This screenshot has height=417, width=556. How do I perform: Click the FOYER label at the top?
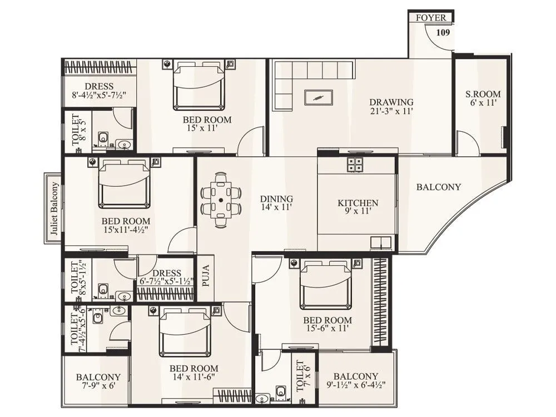[431, 18]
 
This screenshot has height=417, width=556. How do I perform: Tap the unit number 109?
[443, 32]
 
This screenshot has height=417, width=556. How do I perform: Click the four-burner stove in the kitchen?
[355, 164]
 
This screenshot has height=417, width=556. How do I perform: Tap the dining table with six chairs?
[221, 199]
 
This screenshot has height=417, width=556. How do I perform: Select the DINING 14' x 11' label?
[277, 203]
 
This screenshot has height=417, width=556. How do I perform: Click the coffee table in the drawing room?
[318, 97]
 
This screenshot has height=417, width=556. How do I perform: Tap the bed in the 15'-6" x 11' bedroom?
[325, 284]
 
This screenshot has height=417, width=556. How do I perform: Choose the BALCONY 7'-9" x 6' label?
[98, 381]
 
